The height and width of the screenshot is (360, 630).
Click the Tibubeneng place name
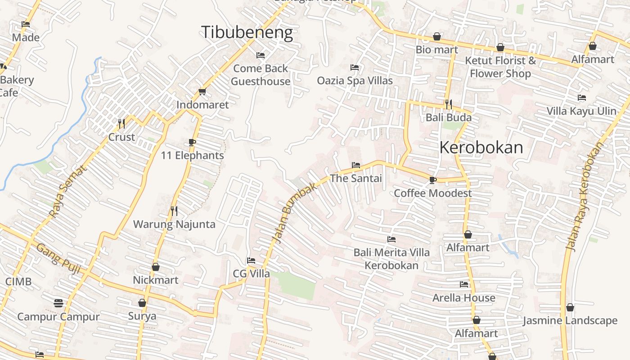pos(247,32)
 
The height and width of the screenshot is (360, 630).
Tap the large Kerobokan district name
pos(481,148)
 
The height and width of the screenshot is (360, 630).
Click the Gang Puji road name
pos(58,259)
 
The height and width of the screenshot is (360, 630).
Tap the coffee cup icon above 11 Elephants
pos(192,143)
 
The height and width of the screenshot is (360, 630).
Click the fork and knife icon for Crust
pos(121,123)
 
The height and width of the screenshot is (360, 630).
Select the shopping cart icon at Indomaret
pos(202,92)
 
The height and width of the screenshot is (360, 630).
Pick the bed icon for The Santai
pos(355,165)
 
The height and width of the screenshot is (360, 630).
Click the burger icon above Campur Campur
pos(58,303)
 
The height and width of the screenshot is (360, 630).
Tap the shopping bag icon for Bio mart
pos(436,36)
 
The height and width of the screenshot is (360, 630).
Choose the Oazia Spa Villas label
pos(355,81)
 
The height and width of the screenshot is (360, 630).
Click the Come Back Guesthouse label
pos(261,75)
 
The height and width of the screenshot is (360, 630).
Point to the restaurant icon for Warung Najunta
pos(174,211)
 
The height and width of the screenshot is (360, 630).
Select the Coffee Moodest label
pos(432,193)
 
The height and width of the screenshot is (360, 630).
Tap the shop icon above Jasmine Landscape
pos(570,307)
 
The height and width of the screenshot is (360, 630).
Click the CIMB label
pos(18,282)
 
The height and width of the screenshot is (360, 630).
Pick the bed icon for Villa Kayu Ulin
pos(581,98)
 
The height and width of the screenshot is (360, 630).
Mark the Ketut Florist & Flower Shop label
pos(500,67)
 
